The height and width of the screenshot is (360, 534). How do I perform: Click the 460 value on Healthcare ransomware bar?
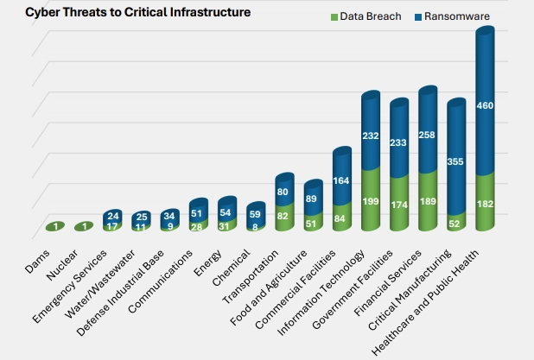click(485, 106)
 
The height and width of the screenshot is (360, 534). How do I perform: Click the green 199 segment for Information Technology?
click(372, 201)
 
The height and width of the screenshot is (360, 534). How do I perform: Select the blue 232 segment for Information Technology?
click(372, 136)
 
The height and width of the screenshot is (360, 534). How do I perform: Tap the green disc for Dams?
click(56, 226)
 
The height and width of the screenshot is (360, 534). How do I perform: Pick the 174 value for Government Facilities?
click(400, 205)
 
